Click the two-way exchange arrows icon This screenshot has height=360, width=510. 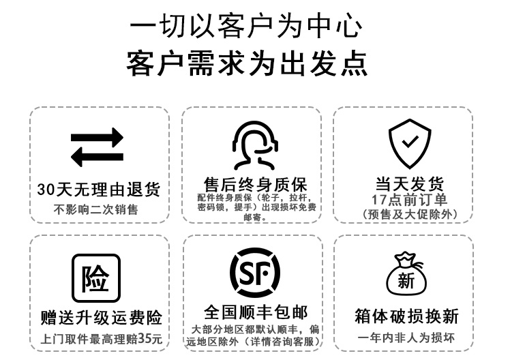(x=97, y=147)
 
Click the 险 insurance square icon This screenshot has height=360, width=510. (x=95, y=278)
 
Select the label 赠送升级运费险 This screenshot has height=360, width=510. (x=101, y=317)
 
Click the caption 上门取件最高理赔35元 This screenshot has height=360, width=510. (x=101, y=338)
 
